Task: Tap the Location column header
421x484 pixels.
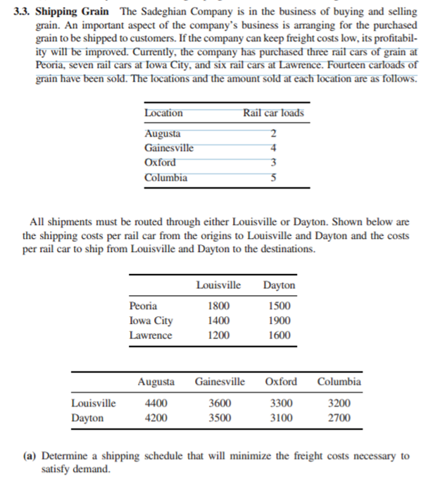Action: tap(163, 113)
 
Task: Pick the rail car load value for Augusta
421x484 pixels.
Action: tap(273, 134)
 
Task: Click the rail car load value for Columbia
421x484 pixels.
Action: tap(273, 178)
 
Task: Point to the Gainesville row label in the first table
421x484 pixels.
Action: tap(169, 148)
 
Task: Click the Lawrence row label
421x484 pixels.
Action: tap(150, 335)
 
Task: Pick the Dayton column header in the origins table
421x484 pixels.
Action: tap(279, 285)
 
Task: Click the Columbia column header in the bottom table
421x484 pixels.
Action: tap(339, 382)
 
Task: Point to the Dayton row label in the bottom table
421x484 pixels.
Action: tap(88, 418)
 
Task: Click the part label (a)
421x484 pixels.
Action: tap(30, 456)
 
